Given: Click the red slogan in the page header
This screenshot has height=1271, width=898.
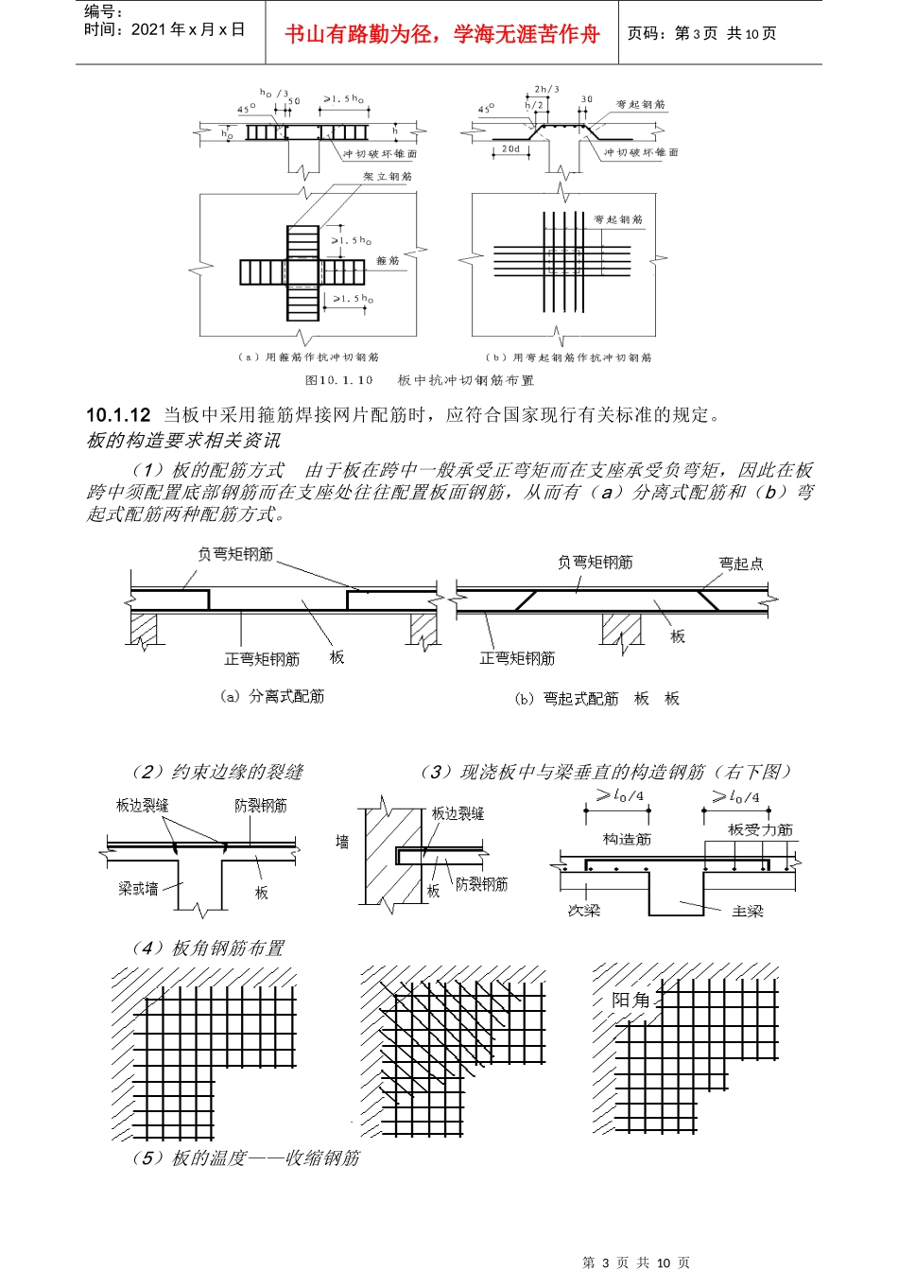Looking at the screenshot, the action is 442,35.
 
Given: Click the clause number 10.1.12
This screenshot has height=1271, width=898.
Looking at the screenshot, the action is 118,415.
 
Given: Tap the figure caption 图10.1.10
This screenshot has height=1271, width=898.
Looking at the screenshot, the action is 338,380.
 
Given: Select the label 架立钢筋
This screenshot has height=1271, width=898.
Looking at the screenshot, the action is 388,177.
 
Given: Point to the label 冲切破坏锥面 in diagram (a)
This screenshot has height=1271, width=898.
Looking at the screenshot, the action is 380,153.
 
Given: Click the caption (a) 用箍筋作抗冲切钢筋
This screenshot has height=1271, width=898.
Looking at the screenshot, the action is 309,357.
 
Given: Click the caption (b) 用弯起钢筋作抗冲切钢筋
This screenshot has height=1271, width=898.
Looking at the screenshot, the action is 569,357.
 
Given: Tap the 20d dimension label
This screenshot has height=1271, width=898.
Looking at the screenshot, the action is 510,148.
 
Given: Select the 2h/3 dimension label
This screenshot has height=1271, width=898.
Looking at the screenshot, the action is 546,90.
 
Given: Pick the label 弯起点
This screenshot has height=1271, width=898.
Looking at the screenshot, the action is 741,564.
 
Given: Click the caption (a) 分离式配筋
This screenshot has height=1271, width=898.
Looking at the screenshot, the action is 272,697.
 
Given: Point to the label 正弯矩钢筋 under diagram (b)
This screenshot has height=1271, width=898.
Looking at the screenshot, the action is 517,658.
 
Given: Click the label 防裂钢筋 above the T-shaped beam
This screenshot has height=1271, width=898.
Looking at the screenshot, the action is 261,806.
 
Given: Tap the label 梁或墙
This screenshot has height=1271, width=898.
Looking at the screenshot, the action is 138,889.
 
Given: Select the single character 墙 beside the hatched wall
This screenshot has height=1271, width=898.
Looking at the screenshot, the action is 342,841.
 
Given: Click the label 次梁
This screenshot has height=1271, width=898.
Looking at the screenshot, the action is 583,911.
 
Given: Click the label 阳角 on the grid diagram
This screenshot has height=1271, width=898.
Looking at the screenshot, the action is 631,1000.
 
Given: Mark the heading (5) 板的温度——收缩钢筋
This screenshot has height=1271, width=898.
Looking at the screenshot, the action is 246,1158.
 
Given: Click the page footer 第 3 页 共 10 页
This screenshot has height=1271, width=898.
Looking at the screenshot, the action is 636,1262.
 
